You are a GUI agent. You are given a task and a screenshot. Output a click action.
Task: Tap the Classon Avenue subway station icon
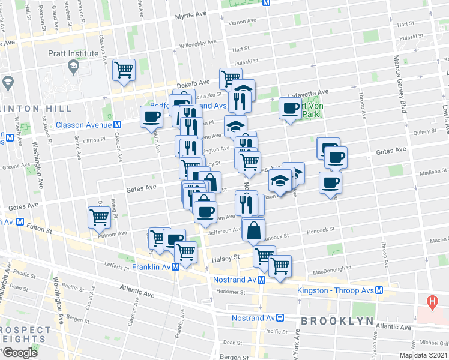118,125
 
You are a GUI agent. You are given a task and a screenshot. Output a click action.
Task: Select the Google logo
20,352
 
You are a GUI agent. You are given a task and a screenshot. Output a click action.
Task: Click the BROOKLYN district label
337,321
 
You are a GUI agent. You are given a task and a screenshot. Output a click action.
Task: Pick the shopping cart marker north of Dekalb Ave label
124,69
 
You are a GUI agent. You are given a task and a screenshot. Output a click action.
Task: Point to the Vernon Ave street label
243,23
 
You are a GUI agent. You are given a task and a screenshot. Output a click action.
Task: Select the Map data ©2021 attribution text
423,355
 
